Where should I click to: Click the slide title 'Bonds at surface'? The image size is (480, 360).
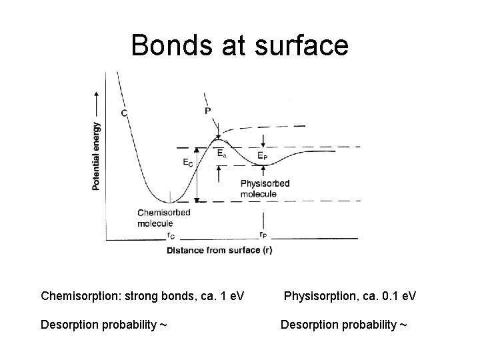tap(239, 45)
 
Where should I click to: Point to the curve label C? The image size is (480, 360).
tap(125, 113)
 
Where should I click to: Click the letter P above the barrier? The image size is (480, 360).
tap(208, 111)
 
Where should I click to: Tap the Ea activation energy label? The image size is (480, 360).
tap(222, 153)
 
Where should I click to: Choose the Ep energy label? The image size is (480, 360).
tap(263, 157)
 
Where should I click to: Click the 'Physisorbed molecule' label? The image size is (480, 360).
tap(259, 189)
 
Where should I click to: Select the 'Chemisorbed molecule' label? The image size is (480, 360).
tap(163, 218)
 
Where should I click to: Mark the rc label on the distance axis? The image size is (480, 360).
tap(171, 235)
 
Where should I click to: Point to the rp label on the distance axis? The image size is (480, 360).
tap(264, 235)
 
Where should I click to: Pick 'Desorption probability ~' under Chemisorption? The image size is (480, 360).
tap(103, 325)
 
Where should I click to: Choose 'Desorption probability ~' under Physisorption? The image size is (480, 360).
tap(343, 325)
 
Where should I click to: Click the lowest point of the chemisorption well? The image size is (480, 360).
tap(170, 201)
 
